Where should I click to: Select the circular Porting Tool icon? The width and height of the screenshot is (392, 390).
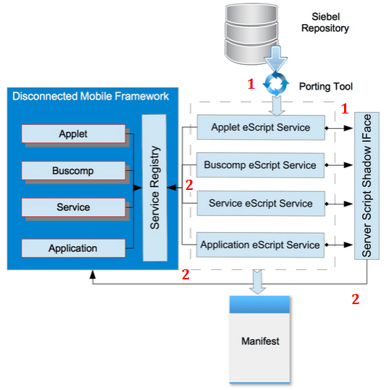[x=276, y=84]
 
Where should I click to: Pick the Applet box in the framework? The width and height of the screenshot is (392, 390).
[x=73, y=134]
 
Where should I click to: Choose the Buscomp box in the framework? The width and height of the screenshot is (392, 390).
[x=73, y=170]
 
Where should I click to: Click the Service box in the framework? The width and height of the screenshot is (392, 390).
[x=73, y=207]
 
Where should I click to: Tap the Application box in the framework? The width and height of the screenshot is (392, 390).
[x=73, y=248]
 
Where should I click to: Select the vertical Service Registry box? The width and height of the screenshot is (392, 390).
[x=155, y=188]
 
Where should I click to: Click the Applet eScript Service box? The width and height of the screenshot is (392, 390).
[x=261, y=127]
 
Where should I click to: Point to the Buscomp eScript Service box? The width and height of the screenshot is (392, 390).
[x=261, y=165]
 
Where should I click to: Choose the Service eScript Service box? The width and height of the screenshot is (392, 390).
[x=261, y=204]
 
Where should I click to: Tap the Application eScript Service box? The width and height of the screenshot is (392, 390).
[x=261, y=244]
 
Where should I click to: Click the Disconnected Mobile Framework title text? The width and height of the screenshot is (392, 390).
[x=91, y=96]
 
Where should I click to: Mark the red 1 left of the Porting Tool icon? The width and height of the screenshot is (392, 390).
[x=251, y=84]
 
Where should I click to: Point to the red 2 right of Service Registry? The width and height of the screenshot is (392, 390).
[x=189, y=185]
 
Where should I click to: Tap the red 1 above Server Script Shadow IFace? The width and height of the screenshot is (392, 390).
[x=346, y=108]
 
